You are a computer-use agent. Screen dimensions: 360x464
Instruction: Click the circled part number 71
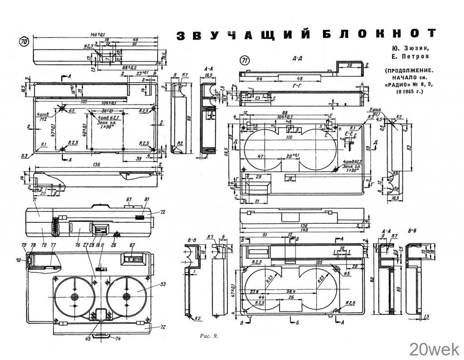pyautogui.click(x=245, y=61)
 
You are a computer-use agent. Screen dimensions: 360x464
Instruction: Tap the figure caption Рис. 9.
pyautogui.click(x=209, y=336)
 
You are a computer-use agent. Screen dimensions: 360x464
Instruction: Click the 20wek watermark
pyautogui.click(x=434, y=349)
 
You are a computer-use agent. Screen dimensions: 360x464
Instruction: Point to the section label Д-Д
pyautogui.click(x=298, y=59)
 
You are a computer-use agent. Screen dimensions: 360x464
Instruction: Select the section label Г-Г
pyautogui.click(x=298, y=86)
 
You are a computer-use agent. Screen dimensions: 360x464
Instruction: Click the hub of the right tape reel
pyautogui.click(x=126, y=297)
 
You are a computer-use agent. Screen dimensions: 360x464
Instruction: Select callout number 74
pyautogui.click(x=118, y=338)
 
